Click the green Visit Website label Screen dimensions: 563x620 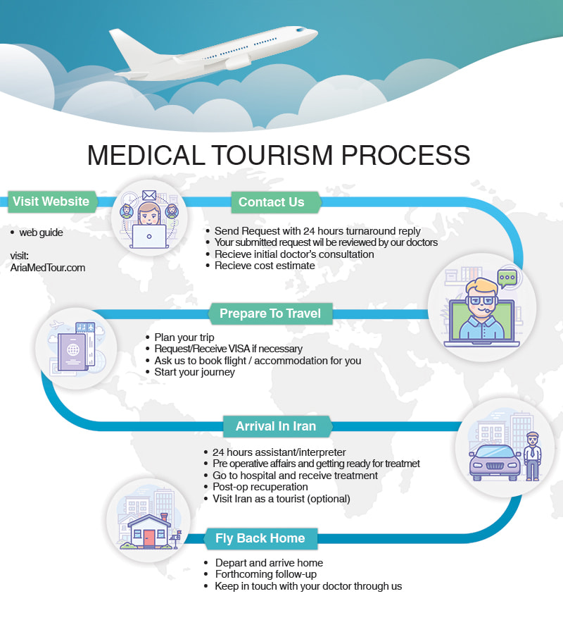coord(52,201)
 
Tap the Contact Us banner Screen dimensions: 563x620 coord(276,202)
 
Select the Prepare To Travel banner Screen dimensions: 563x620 coord(270,314)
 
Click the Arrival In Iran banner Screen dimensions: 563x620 coord(277,426)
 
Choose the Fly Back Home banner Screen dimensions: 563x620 coord(260,538)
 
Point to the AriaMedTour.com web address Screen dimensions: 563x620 coord(48,268)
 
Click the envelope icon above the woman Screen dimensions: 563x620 coord(149,195)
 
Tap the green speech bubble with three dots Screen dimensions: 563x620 coord(507,277)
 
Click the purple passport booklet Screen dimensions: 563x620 coord(72,352)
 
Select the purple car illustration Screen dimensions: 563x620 coord(495,462)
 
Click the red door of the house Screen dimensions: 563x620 coord(149,539)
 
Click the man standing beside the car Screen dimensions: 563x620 coord(532,456)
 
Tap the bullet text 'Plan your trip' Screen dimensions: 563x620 coord(184,337)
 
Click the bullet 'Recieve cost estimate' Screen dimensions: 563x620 coord(265,266)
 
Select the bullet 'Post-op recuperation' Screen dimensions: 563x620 coord(260,487)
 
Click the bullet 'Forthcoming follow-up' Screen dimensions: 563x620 coord(266,574)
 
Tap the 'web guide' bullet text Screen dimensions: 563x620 coord(41,232)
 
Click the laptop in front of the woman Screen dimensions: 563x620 coord(149,237)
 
